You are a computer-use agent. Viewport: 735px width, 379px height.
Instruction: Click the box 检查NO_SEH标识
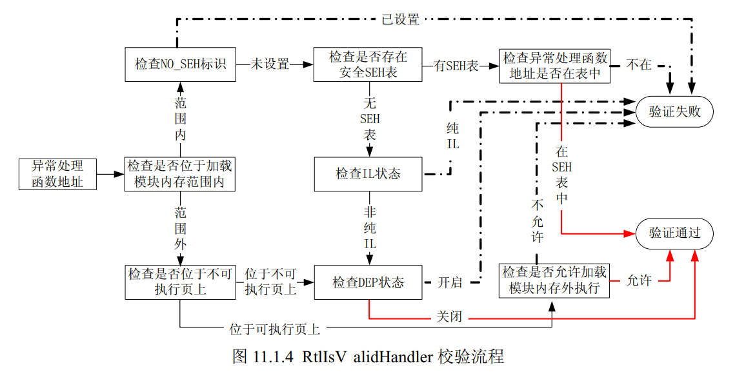(x=180, y=64)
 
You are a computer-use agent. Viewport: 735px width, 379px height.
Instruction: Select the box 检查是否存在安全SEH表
(x=368, y=64)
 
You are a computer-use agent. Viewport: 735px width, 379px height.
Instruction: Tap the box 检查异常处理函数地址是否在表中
(x=555, y=64)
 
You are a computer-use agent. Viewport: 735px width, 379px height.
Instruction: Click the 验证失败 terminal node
(x=674, y=112)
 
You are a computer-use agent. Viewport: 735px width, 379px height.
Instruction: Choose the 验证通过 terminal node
(x=674, y=233)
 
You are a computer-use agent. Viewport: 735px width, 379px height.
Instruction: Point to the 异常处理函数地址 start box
(x=57, y=174)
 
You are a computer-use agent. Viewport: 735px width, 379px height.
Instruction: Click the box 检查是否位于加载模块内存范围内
(x=180, y=174)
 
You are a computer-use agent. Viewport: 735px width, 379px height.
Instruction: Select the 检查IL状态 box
(x=368, y=174)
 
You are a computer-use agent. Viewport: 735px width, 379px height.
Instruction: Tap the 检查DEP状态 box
(x=368, y=282)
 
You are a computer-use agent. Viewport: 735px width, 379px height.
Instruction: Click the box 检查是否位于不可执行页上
(x=180, y=282)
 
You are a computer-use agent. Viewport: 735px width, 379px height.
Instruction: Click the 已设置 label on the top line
(x=400, y=19)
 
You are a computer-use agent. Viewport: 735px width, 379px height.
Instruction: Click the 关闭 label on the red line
(x=450, y=318)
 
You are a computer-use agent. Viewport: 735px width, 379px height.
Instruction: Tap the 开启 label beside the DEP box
(x=450, y=282)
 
